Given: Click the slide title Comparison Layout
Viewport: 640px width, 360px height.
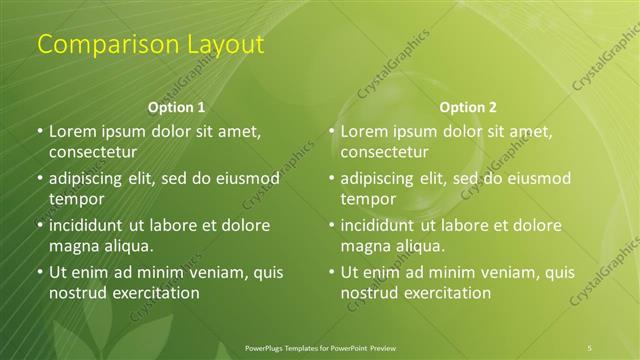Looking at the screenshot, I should [x=150, y=44].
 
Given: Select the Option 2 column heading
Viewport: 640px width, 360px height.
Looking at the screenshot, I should [x=468, y=107].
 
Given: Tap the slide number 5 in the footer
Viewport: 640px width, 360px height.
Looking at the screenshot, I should [x=590, y=347].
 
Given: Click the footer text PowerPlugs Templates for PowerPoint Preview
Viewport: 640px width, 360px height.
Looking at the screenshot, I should [x=320, y=347].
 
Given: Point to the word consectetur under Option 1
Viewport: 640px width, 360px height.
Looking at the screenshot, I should [x=92, y=153].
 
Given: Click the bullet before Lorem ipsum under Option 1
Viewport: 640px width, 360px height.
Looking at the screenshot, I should [x=40, y=132].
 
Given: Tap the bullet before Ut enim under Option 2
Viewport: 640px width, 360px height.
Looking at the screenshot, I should [x=332, y=272].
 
